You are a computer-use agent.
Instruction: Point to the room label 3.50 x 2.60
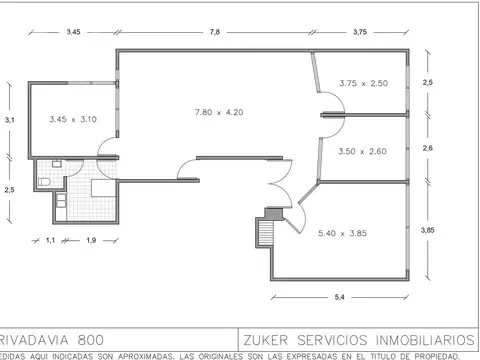pyautogui.click(x=362, y=151)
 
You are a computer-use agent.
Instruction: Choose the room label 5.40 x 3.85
pyautogui.click(x=341, y=233)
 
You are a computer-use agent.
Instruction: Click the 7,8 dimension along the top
pyautogui.click(x=214, y=32)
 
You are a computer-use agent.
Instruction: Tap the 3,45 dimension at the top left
pyautogui.click(x=73, y=32)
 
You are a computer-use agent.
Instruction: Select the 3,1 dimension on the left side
pyautogui.click(x=9, y=120)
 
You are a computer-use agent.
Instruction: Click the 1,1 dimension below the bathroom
pyautogui.click(x=50, y=240)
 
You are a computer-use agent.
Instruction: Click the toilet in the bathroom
pyautogui.click(x=45, y=182)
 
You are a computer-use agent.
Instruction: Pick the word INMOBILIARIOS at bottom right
pyautogui.click(x=417, y=339)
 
